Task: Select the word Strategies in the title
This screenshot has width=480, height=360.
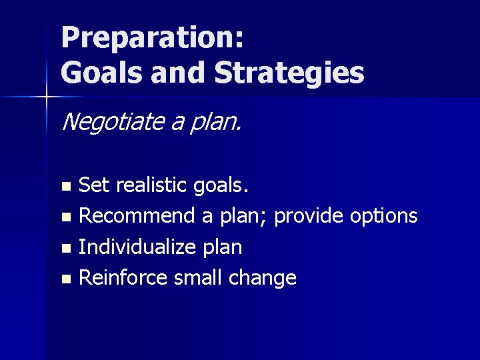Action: click(x=289, y=73)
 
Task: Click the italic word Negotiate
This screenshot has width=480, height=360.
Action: click(x=110, y=122)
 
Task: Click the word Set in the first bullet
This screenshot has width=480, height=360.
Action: click(x=95, y=185)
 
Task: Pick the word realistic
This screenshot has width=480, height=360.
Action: click(x=153, y=185)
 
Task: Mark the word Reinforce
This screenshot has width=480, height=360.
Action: click(x=123, y=277)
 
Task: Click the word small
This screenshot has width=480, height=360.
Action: click(x=199, y=277)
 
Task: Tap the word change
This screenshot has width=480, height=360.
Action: click(x=263, y=279)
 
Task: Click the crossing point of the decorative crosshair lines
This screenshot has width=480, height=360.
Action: click(x=47, y=97)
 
